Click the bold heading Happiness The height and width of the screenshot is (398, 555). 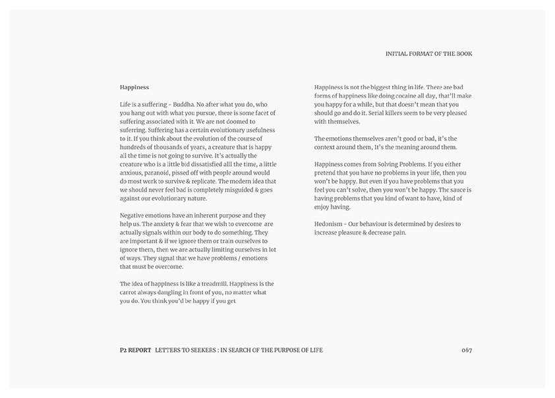[x=134, y=87]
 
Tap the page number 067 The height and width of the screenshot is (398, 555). [x=467, y=350]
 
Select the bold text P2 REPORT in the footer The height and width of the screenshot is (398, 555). [x=131, y=350]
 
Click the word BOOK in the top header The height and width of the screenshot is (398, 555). [x=463, y=53]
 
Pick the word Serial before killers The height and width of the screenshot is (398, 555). [x=363, y=113]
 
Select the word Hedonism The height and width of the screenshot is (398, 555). [x=331, y=224]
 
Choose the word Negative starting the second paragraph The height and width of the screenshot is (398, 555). [x=134, y=215]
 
